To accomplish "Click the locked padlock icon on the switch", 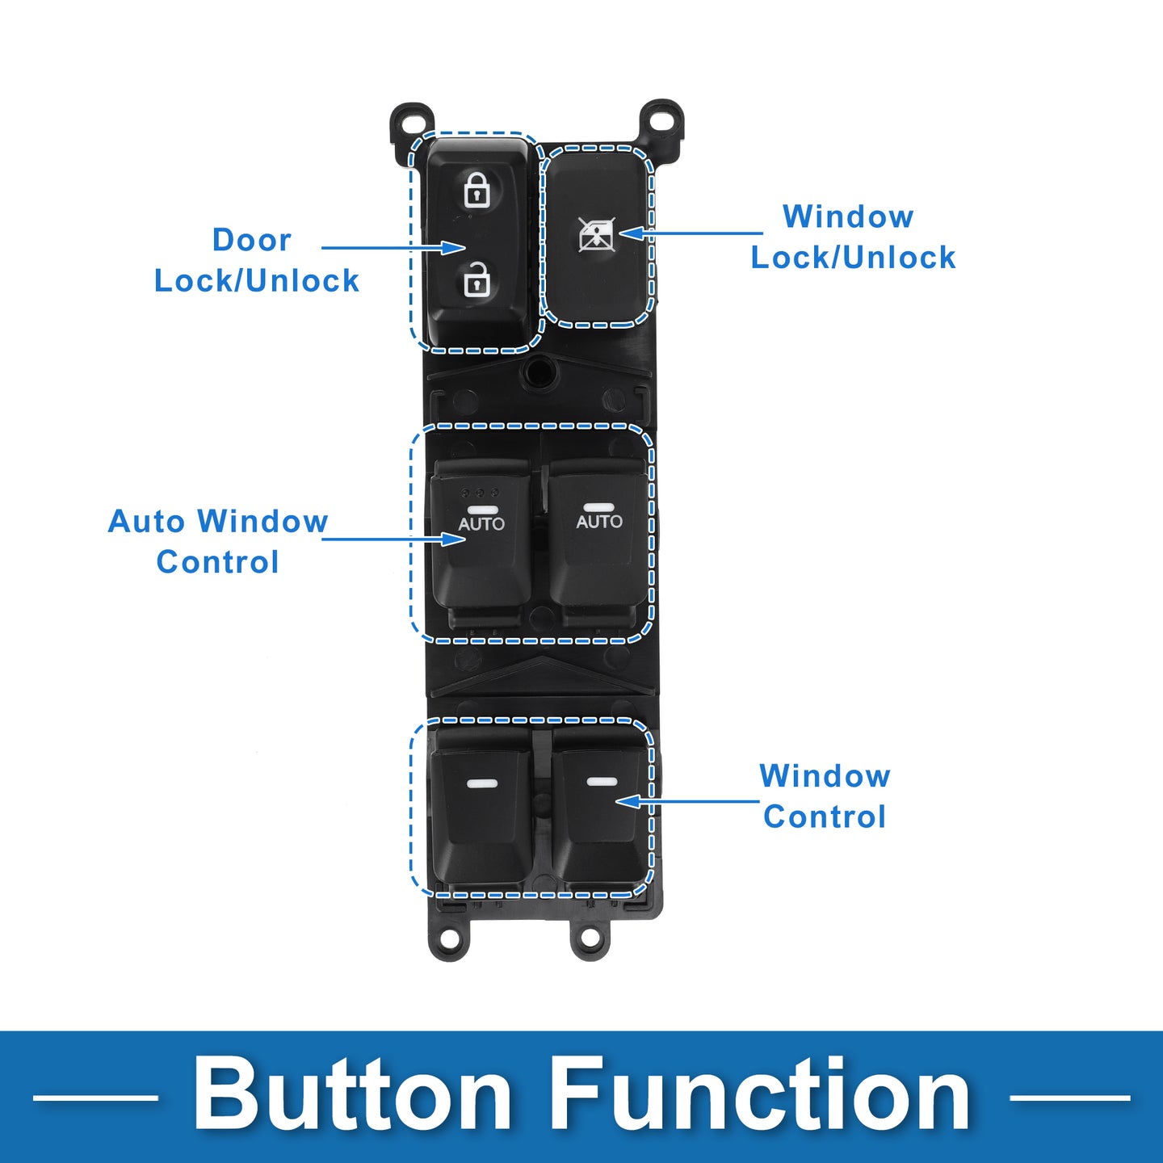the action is (x=477, y=190).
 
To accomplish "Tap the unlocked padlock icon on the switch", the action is (x=477, y=279).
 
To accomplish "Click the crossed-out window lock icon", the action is (x=597, y=234).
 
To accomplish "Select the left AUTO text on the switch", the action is (x=481, y=524).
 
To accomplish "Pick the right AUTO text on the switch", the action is (x=598, y=522).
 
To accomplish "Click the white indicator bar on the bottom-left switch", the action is (x=482, y=784).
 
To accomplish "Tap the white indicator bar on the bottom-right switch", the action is (x=602, y=782).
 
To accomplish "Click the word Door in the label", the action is (x=252, y=240).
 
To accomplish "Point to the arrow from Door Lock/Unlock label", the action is (x=393, y=247).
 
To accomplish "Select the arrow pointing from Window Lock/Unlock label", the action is (x=691, y=233).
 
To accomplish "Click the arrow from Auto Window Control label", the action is (x=393, y=539).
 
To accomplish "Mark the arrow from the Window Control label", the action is (x=687, y=801).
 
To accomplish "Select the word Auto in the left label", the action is (x=146, y=521).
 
